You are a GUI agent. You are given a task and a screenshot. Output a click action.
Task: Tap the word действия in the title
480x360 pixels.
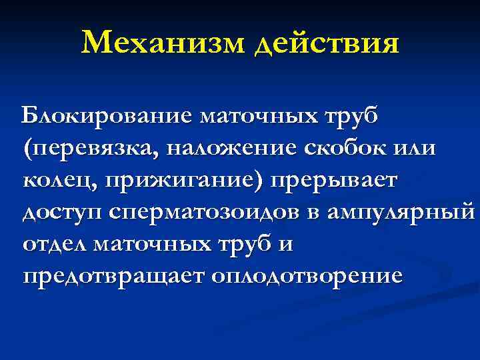325,43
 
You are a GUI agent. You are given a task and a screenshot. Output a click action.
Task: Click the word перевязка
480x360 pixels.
88,148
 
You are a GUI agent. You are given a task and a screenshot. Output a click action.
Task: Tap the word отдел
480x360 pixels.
55,243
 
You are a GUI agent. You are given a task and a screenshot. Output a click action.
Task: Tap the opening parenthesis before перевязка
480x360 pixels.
27,148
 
